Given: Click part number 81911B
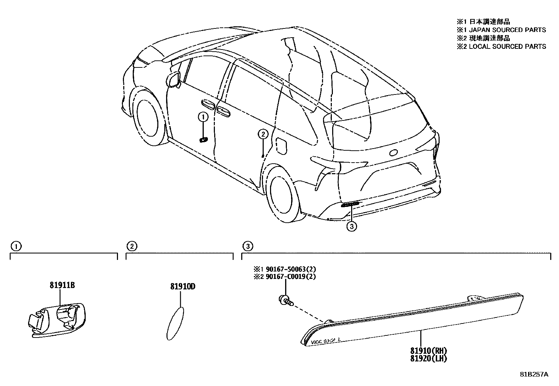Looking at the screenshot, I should point(62,285).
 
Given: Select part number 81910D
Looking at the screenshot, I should point(183,287).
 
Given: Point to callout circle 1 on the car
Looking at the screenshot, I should point(203,116).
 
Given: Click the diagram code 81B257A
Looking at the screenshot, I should point(534,374).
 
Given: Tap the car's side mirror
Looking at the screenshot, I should point(175,79).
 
